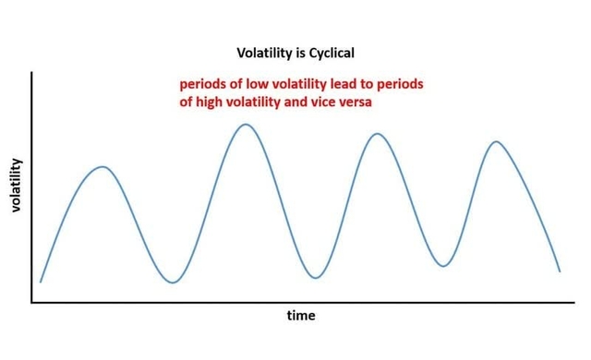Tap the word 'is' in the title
click(296, 54)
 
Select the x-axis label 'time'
click(300, 316)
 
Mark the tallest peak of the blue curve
click(244, 124)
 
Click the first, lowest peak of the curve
click(103, 167)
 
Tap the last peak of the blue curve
click(496, 141)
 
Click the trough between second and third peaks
click(316, 278)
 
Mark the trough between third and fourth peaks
click(444, 266)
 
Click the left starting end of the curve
click(41, 282)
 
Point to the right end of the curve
click(560, 271)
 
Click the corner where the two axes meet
click(32, 302)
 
